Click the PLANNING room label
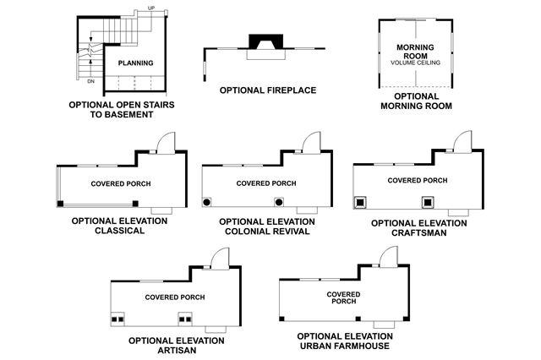pos(135,63)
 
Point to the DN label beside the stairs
pos(90,82)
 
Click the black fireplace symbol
pos(265,44)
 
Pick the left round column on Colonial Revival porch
pos(207,202)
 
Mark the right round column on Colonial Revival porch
pos(279,202)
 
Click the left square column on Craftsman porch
pos(358,202)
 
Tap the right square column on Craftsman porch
pos(428,202)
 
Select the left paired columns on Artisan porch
pos(118,320)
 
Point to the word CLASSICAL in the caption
pos(121,232)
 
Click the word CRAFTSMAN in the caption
pos(419,233)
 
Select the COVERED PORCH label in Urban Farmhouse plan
pos(343,297)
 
